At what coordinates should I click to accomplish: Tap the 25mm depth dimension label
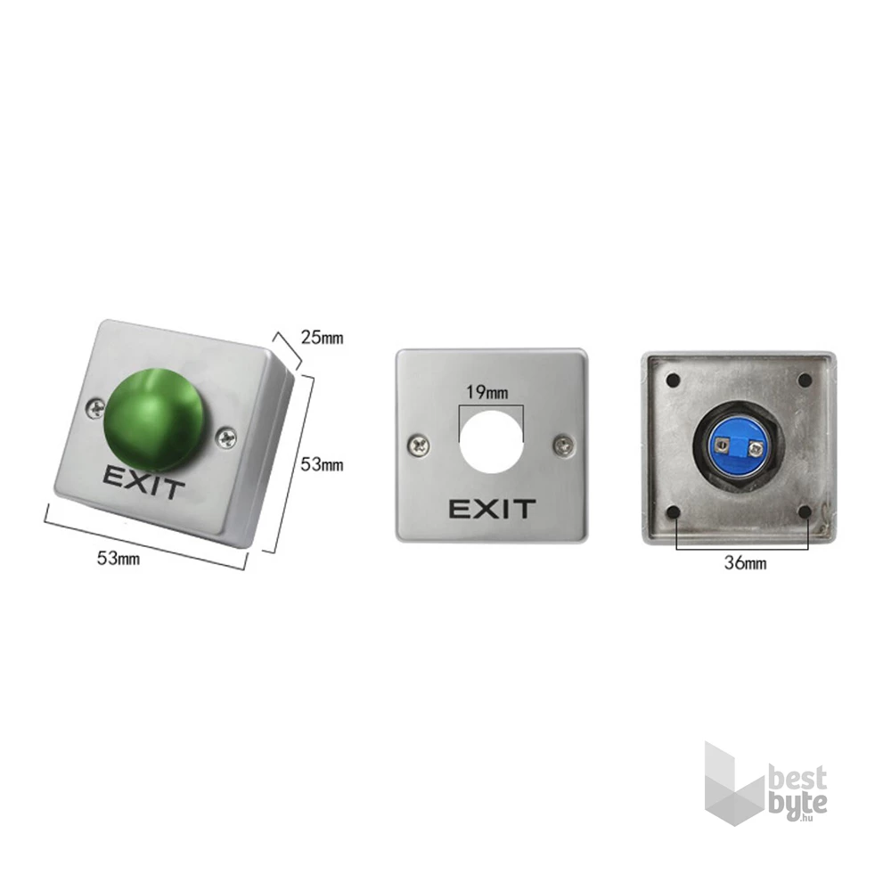(323, 338)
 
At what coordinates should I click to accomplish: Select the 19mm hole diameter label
(487, 392)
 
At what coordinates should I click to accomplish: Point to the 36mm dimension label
(745, 563)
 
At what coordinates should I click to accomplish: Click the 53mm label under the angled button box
(119, 559)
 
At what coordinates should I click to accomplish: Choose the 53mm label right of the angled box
(323, 465)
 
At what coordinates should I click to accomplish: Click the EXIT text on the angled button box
(143, 482)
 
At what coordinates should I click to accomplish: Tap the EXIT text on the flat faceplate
(492, 509)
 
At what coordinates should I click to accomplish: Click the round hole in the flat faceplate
(492, 442)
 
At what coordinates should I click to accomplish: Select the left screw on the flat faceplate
(420, 445)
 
